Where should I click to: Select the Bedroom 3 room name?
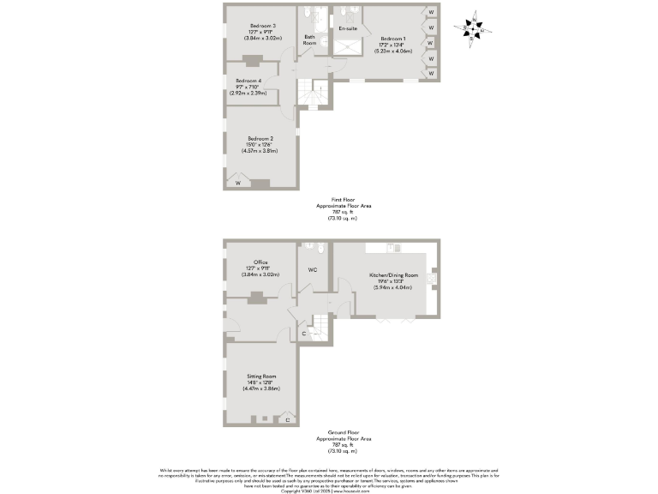262,25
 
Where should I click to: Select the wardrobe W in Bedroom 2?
238,182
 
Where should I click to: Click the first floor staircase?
314,92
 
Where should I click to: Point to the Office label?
260,262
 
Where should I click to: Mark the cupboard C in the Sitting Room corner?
287,419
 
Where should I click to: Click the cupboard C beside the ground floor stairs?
304,334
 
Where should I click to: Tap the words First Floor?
343,199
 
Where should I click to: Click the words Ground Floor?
343,432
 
